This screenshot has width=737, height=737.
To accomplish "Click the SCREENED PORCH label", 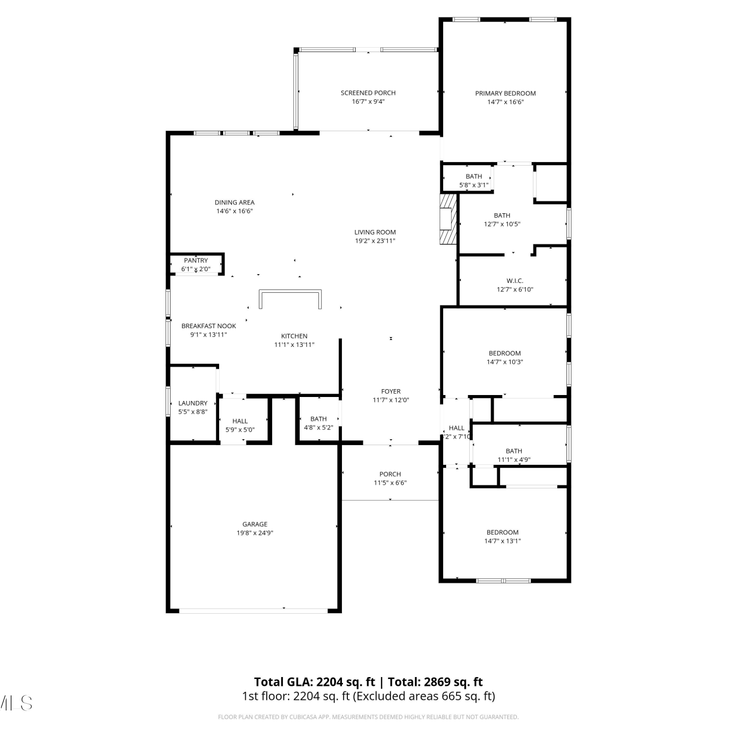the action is point(368,93).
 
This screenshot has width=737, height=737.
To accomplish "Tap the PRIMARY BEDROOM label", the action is point(505,93).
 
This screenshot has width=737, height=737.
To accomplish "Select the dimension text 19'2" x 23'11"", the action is point(375,241).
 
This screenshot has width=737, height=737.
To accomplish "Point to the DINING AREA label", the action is point(234,202).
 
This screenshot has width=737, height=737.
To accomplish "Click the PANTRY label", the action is point(196,260).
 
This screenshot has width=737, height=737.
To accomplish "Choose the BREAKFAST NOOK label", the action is point(209,326).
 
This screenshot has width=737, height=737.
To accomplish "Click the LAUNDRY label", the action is point(193,403).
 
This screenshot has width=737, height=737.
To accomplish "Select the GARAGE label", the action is point(255,524).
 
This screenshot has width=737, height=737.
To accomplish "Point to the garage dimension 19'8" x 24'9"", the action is point(255,533).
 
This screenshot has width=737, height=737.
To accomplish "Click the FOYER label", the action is point(391,392).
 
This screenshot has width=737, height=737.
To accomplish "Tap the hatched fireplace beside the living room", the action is point(448,219).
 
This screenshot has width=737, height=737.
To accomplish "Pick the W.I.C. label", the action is point(515,281).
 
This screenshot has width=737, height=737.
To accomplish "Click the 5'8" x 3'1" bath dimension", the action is point(474,185).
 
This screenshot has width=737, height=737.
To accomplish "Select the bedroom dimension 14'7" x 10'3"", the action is point(505,362).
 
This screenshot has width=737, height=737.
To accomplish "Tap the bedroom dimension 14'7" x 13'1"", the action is point(503,541).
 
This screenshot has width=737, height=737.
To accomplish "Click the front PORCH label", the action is point(390,474).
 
